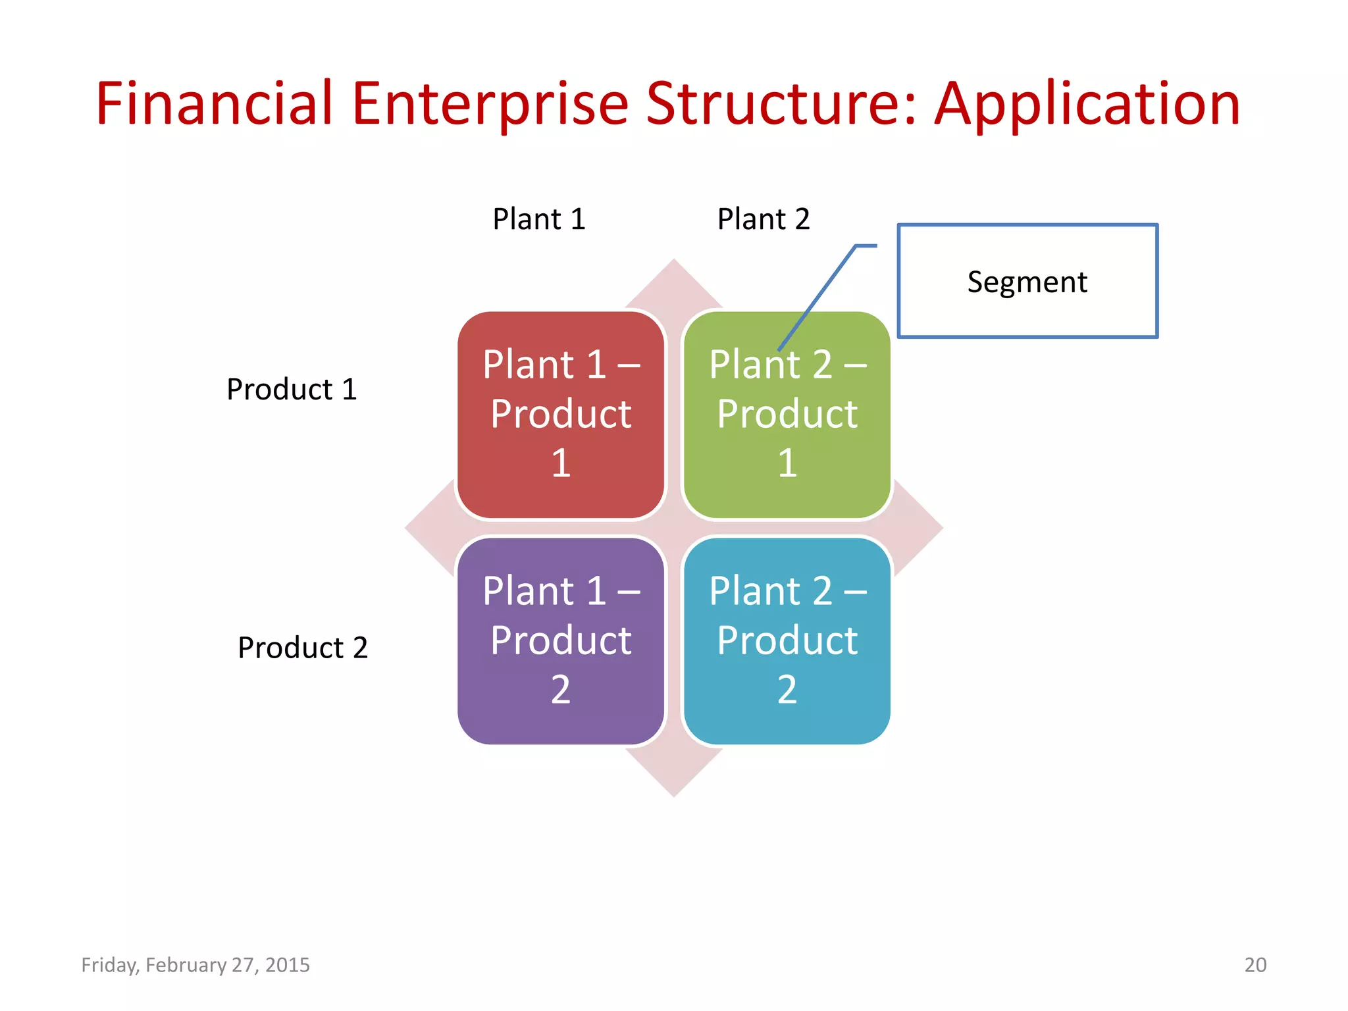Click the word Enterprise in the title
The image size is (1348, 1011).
point(490,103)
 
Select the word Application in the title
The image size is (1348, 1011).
point(1087,103)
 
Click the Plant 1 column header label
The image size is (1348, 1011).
point(538,219)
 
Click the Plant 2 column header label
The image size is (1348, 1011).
point(763,219)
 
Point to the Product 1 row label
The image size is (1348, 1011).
point(292,389)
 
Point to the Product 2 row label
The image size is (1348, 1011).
point(302,648)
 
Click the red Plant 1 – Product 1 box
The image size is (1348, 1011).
point(560,415)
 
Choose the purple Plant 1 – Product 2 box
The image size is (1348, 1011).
point(560,640)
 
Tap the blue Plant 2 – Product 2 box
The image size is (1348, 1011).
point(787,640)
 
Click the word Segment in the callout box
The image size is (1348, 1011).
point(1027,282)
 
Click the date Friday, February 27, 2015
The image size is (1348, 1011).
point(195,965)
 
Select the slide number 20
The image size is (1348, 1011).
point(1255,965)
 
